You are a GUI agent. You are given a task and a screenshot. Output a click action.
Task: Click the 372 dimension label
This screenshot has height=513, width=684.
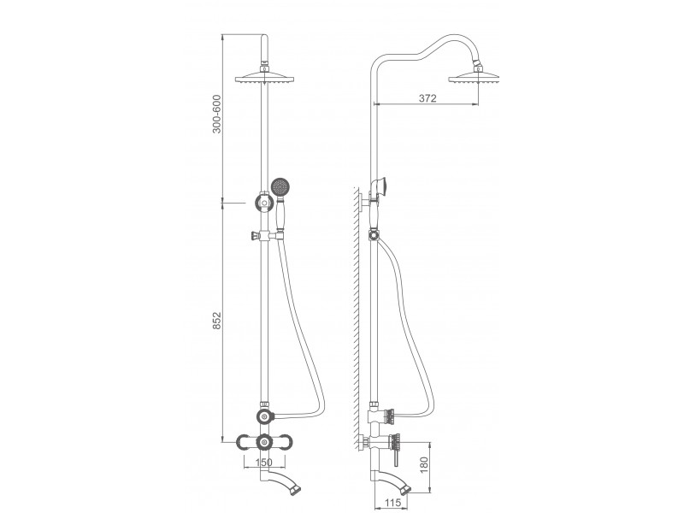point(427,98)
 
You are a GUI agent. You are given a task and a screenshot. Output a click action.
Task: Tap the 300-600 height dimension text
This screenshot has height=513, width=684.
point(217,114)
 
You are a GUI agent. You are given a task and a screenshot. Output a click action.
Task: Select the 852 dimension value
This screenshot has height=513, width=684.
point(217,321)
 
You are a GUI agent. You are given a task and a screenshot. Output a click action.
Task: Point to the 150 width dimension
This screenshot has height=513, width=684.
point(263,463)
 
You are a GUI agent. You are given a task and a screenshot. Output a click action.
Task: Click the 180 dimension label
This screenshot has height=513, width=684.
point(424,465)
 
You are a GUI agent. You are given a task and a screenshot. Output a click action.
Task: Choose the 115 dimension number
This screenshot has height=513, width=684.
point(392,503)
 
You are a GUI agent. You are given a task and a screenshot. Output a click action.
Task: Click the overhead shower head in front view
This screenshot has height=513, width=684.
point(264,76)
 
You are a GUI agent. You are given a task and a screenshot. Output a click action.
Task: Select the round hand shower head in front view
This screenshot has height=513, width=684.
point(280,186)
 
